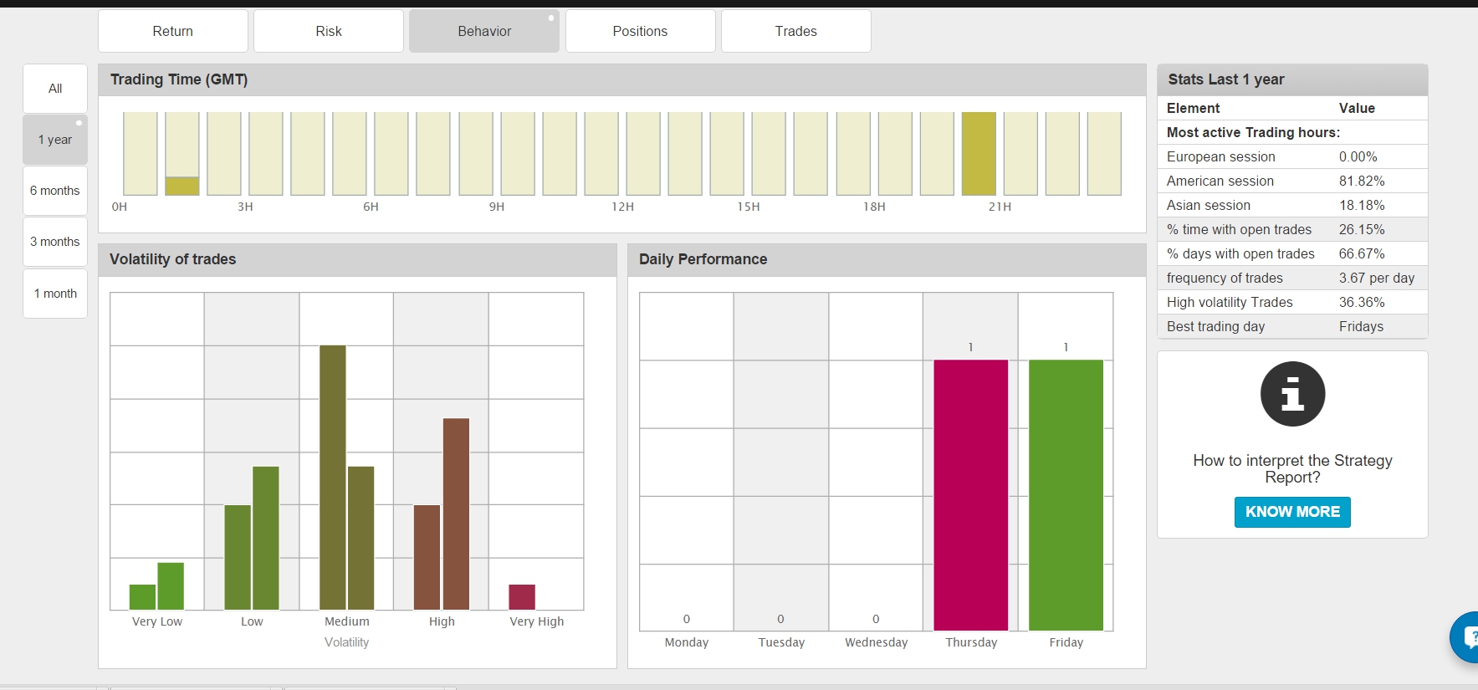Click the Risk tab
point(329,31)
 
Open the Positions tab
point(640,31)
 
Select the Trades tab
point(795,31)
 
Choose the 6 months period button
point(55,191)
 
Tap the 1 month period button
point(55,294)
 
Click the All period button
point(55,89)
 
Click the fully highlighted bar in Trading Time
point(979,154)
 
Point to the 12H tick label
point(622,207)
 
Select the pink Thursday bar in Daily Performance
point(970,495)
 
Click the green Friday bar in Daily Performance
point(1066,495)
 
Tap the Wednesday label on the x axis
point(876,642)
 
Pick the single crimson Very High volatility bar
point(522,597)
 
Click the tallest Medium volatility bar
point(333,478)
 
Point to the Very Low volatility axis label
point(157,621)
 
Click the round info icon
point(1292,394)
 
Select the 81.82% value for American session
point(1362,181)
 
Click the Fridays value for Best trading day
point(1361,326)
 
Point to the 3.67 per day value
point(1377,278)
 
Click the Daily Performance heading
point(703,259)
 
